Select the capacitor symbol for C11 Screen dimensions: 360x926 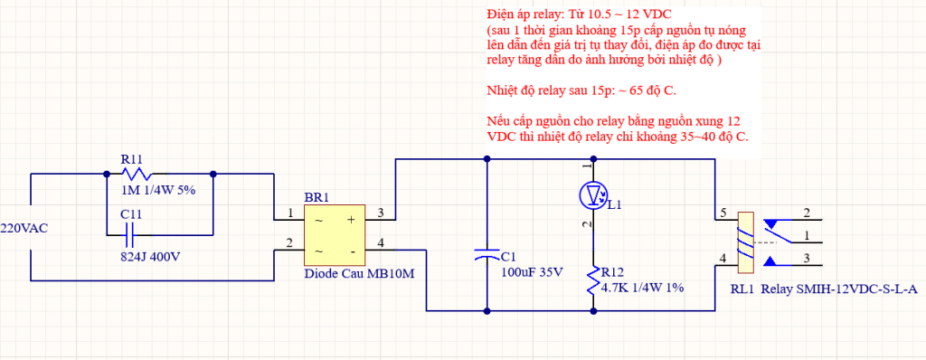pyautogui.click(x=129, y=236)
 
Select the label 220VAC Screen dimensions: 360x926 pyautogui.click(x=24, y=228)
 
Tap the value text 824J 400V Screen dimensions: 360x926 pyautogui.click(x=149, y=257)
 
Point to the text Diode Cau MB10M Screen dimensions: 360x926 pyautogui.click(x=359, y=275)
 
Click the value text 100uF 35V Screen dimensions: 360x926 pyautogui.click(x=532, y=271)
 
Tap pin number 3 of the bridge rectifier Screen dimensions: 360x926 pyautogui.click(x=381, y=213)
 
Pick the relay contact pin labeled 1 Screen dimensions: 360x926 pyautogui.click(x=806, y=237)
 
